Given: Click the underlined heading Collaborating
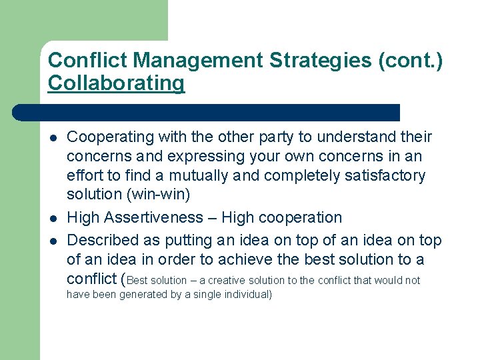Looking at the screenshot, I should (x=116, y=84).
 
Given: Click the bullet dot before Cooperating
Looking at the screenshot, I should (x=53, y=139).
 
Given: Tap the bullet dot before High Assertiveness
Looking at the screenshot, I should (x=53, y=219).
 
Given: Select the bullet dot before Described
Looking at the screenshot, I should (x=53, y=239).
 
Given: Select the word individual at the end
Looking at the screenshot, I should (x=244, y=295).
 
